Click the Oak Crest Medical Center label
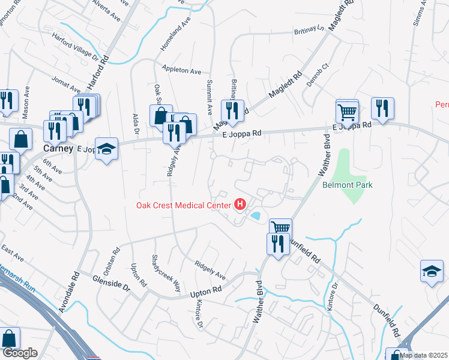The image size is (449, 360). click(x=183, y=206)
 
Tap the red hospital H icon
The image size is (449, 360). click(x=241, y=205)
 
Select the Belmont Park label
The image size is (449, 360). click(x=347, y=185)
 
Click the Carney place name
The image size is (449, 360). click(x=58, y=148)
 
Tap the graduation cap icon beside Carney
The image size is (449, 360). click(x=106, y=149)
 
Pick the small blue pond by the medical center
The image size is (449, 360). click(x=255, y=215)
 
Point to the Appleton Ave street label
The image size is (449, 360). click(x=180, y=70)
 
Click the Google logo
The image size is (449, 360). click(x=20, y=352)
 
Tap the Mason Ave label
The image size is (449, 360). click(x=26, y=103)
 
